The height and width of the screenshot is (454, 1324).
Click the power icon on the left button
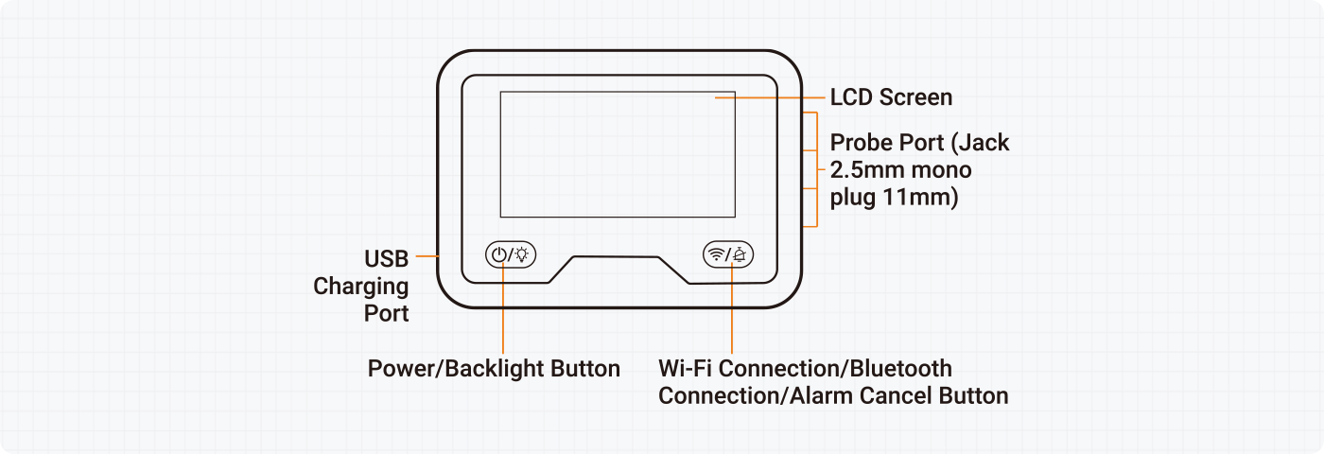click(498, 254)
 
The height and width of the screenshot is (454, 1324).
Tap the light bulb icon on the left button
click(522, 254)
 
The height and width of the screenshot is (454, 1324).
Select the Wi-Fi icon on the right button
click(717, 254)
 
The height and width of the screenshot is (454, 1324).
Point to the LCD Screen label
click(891, 97)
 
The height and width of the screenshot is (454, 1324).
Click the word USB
click(386, 258)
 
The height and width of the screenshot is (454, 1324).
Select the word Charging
click(361, 286)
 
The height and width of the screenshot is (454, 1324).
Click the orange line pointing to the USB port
click(427, 255)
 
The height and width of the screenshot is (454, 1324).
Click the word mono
click(945, 171)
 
